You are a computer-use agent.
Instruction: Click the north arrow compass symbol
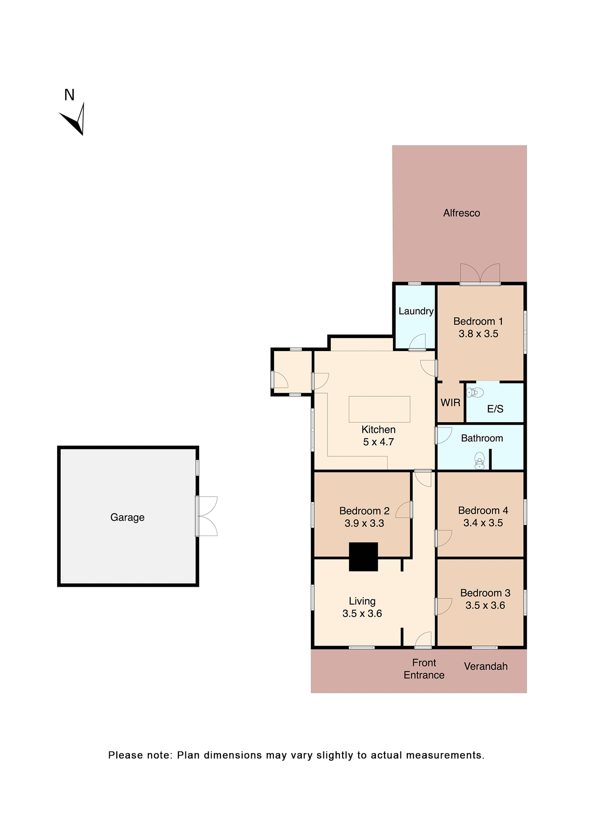75,120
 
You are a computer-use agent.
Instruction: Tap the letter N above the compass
69,95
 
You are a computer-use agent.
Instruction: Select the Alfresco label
461,213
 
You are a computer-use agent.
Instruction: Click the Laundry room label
416,311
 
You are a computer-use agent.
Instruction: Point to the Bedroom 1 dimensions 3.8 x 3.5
478,334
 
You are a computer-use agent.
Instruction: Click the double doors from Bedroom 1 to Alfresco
480,274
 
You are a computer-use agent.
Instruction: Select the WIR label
450,403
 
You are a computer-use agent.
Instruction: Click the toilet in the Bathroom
479,461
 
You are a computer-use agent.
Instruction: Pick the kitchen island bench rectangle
379,409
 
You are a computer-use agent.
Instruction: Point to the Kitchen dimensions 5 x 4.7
378,442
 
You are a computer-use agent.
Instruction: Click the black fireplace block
363,557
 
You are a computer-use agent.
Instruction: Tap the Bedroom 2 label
364,511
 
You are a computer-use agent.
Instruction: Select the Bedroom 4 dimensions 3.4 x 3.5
483,523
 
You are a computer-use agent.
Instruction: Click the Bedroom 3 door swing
444,606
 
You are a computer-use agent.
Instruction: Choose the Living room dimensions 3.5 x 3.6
362,613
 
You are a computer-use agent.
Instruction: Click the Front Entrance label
424,669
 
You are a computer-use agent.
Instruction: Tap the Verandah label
485,666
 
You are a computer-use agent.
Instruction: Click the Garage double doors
206,516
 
